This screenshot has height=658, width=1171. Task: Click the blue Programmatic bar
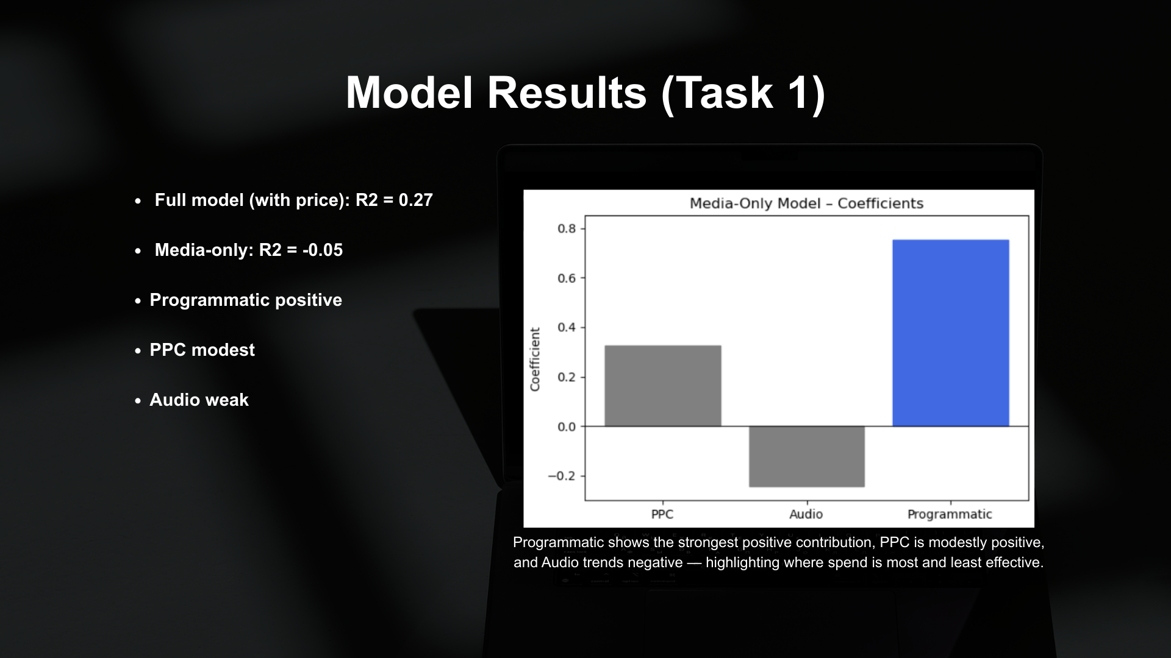click(950, 333)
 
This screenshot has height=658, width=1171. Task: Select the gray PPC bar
click(662, 386)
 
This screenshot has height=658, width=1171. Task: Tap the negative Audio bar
click(806, 456)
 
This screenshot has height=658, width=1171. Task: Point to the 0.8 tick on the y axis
click(567, 229)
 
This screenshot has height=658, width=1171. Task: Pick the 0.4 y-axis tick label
click(567, 328)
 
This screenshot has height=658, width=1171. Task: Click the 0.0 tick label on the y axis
click(567, 427)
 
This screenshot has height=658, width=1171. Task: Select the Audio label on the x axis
click(806, 514)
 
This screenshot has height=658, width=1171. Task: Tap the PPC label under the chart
click(662, 514)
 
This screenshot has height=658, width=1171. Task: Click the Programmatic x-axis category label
click(950, 514)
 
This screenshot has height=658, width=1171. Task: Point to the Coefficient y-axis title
click(535, 359)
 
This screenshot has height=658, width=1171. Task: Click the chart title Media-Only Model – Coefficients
click(806, 203)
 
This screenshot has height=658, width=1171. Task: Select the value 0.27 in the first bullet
click(415, 200)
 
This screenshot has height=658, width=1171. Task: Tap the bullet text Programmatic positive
click(246, 300)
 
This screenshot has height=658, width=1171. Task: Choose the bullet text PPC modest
click(202, 350)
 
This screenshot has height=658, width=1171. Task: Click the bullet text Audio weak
click(199, 400)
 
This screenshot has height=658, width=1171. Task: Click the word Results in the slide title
click(567, 93)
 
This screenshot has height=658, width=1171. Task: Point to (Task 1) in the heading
click(743, 93)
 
